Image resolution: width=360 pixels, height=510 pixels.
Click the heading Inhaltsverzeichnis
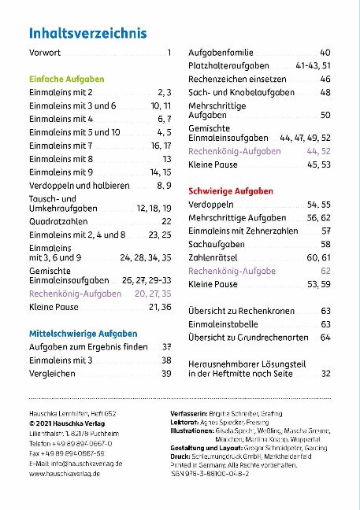coord(87,33)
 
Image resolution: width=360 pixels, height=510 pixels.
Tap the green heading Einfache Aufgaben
coord(66,79)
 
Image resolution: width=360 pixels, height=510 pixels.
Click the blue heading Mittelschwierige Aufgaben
coord(83,333)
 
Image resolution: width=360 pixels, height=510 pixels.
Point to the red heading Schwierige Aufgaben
coord(231,191)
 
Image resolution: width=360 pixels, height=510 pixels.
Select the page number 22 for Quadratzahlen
coord(165,221)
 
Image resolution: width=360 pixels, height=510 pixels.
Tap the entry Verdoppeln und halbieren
coord(79,185)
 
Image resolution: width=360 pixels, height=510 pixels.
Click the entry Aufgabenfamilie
coord(221,53)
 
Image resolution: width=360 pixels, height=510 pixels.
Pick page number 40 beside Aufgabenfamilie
coord(325,53)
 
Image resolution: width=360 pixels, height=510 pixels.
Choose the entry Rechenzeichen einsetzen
coord(236,79)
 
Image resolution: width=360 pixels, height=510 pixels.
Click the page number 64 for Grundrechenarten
coord(325,337)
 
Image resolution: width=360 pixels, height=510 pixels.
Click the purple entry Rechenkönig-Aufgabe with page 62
coord(232,271)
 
